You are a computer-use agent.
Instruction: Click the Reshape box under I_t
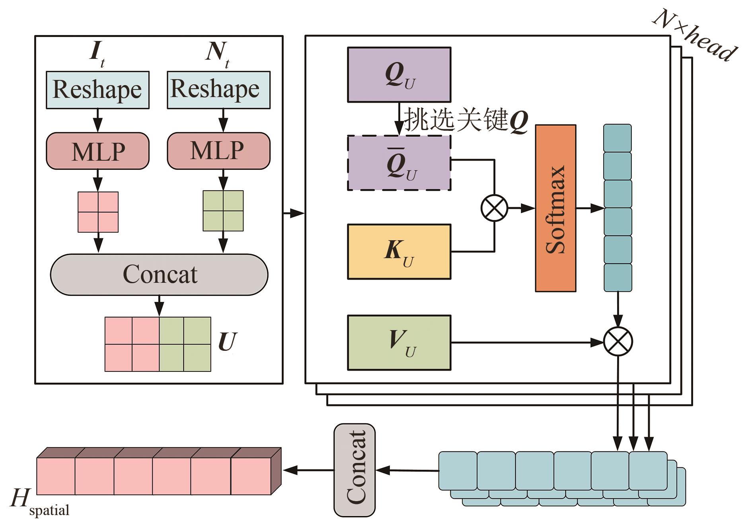(x=97, y=90)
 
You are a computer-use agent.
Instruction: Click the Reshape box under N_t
(x=218, y=90)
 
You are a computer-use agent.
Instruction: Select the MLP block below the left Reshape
(x=97, y=151)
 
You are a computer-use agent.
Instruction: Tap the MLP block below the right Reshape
(x=218, y=151)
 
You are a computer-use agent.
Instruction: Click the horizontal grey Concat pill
(x=159, y=274)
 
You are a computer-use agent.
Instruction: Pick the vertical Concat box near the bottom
(x=354, y=470)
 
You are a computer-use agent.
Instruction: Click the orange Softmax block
(x=555, y=208)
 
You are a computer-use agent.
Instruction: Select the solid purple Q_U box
(x=399, y=75)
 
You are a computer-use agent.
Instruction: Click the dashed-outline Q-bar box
(x=399, y=163)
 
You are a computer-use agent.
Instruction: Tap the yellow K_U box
(x=399, y=252)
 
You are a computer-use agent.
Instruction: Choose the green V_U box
(x=399, y=342)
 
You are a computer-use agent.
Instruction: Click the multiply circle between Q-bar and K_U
(x=495, y=208)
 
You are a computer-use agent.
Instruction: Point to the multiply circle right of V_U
(x=618, y=342)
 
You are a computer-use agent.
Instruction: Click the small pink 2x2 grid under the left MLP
(x=98, y=212)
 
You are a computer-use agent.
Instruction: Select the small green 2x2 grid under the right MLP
(x=223, y=211)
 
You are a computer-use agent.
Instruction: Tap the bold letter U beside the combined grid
(x=227, y=342)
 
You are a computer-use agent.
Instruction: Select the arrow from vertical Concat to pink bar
(x=309, y=470)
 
